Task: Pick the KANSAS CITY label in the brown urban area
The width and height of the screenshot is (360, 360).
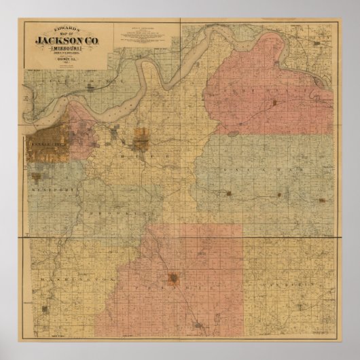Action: tap(45, 144)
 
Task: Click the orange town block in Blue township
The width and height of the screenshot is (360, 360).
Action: tap(141, 140)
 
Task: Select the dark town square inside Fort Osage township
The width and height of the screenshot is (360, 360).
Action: tap(274, 103)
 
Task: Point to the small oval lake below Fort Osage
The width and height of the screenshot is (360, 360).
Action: tap(233, 134)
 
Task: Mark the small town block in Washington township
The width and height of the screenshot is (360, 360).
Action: tap(46, 310)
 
